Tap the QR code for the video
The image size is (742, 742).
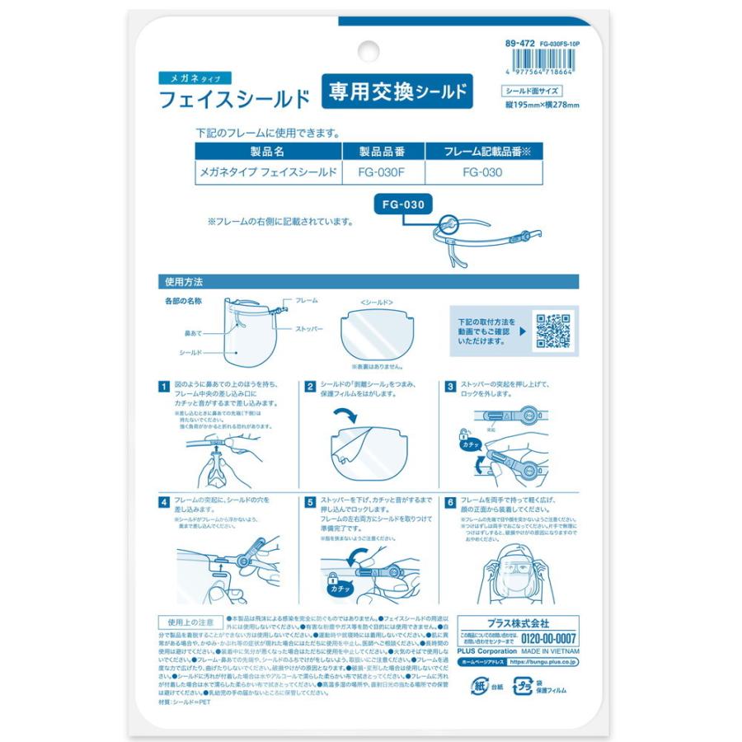tap(553, 330)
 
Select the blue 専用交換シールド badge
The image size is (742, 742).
tap(396, 92)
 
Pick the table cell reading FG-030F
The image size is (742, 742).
tap(383, 172)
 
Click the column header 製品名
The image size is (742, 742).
tap(267, 152)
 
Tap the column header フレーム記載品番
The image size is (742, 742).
tap(482, 152)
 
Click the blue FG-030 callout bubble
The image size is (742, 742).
tap(404, 204)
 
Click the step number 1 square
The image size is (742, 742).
tap(163, 386)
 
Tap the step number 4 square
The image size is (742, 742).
tap(163, 500)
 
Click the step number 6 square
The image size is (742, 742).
tap(451, 500)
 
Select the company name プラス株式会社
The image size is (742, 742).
tap(515, 623)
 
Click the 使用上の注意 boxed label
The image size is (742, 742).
tap(190, 622)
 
